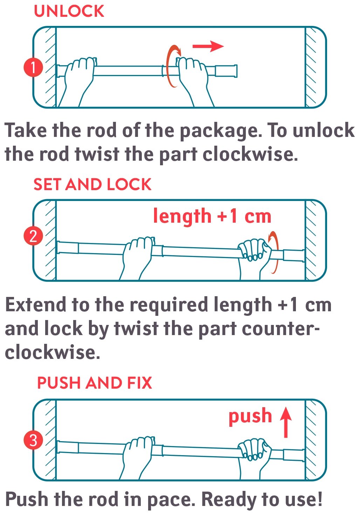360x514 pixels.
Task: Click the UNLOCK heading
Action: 69,11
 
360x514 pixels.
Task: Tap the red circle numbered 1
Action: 33,68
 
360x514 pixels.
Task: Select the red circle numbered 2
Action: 33,236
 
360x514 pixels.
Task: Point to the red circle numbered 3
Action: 33,440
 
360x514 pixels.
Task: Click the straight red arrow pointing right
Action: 208,46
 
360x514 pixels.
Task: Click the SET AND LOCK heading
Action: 92,184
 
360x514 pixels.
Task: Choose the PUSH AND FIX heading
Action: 95,383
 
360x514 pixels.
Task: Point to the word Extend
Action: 36,305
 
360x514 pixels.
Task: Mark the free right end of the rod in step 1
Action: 237,71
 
